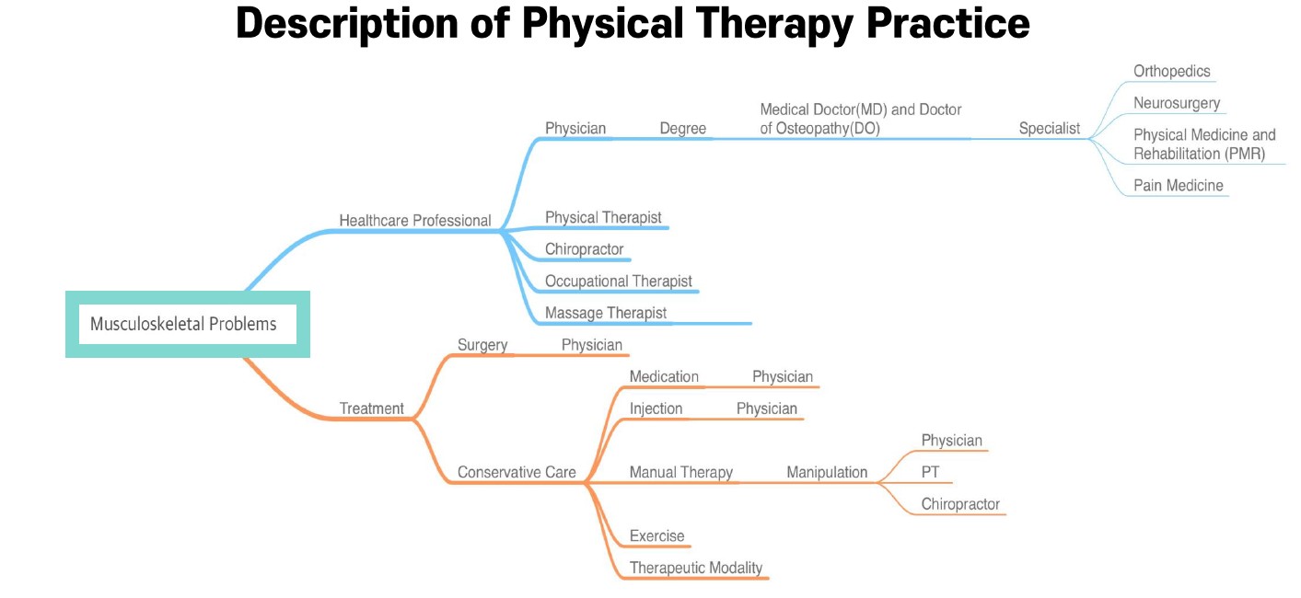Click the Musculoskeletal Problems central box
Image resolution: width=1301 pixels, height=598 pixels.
click(188, 324)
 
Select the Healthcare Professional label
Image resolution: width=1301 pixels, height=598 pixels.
click(414, 221)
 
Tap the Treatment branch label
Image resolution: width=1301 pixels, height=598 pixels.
click(371, 408)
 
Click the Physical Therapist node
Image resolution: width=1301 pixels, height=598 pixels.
click(603, 218)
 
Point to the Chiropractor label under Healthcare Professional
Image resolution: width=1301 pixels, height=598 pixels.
click(584, 249)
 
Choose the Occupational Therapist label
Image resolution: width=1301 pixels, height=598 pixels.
click(618, 282)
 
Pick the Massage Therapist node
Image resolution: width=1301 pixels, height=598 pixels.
click(605, 314)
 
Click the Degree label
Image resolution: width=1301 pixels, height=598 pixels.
click(682, 128)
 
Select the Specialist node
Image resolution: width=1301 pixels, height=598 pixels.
click(1049, 128)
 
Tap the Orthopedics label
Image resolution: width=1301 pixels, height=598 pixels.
click(1171, 72)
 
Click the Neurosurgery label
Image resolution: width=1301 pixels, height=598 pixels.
click(1176, 103)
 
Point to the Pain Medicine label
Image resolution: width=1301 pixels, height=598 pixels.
click(1178, 186)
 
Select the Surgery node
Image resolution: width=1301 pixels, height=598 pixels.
click(482, 345)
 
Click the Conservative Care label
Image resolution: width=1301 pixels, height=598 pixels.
click(517, 473)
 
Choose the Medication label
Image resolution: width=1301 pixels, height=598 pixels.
click(664, 377)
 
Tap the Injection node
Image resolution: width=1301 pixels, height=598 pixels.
click(656, 408)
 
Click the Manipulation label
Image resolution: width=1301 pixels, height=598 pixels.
click(827, 473)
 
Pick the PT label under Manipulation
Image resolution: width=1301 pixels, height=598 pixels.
click(930, 472)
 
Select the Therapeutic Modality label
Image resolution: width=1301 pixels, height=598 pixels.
click(696, 568)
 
